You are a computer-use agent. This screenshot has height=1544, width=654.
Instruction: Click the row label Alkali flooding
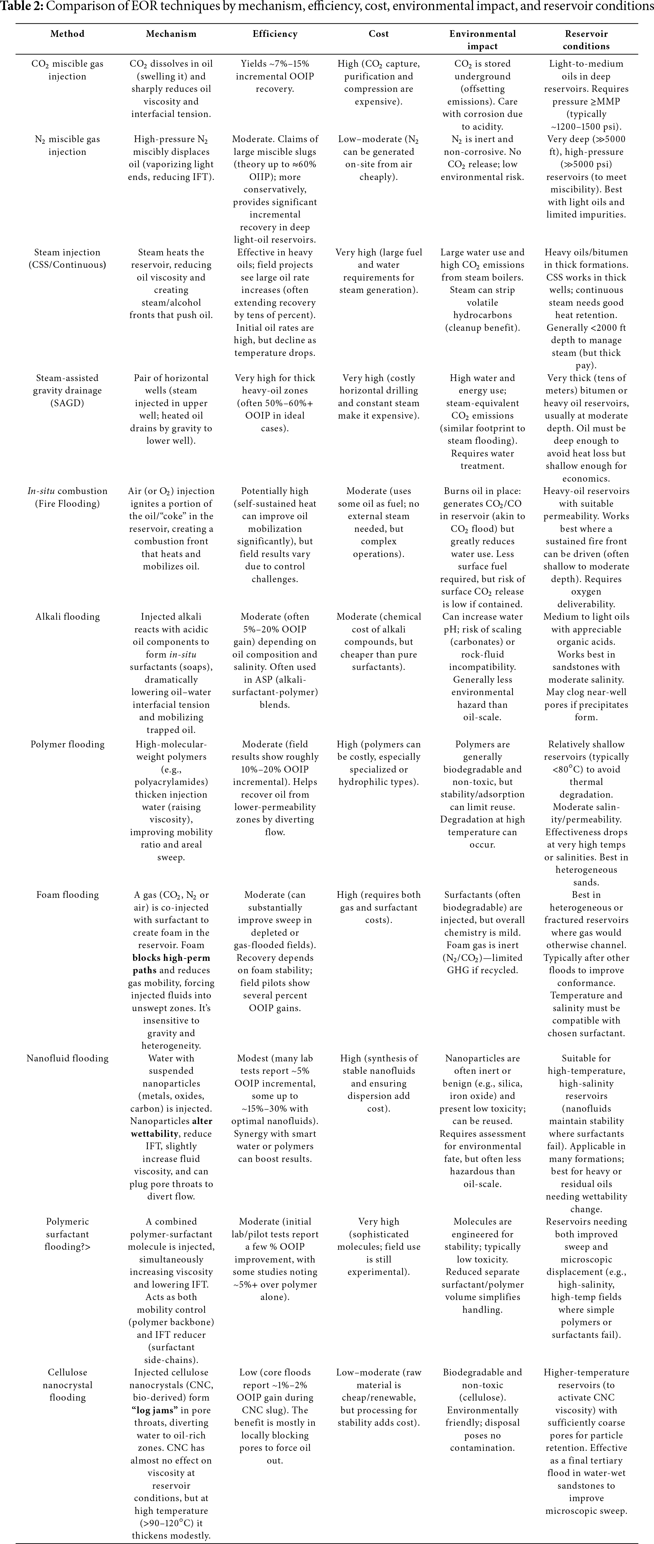pos(67,617)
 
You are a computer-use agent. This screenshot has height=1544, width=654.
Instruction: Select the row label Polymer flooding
pos(67,744)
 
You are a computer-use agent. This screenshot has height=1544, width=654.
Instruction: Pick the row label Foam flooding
pos(67,895)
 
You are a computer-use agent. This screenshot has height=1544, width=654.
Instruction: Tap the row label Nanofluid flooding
pos(67,1058)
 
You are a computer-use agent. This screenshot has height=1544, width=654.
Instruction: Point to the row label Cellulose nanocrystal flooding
pos(67,1385)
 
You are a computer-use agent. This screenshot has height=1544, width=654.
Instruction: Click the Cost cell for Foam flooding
pos(378,908)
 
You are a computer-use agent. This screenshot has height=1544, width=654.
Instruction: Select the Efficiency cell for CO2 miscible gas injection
pos(275,76)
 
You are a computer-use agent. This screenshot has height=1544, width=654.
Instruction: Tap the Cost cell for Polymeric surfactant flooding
pos(378,1247)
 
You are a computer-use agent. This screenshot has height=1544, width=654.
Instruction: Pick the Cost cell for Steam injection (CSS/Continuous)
pos(378,271)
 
